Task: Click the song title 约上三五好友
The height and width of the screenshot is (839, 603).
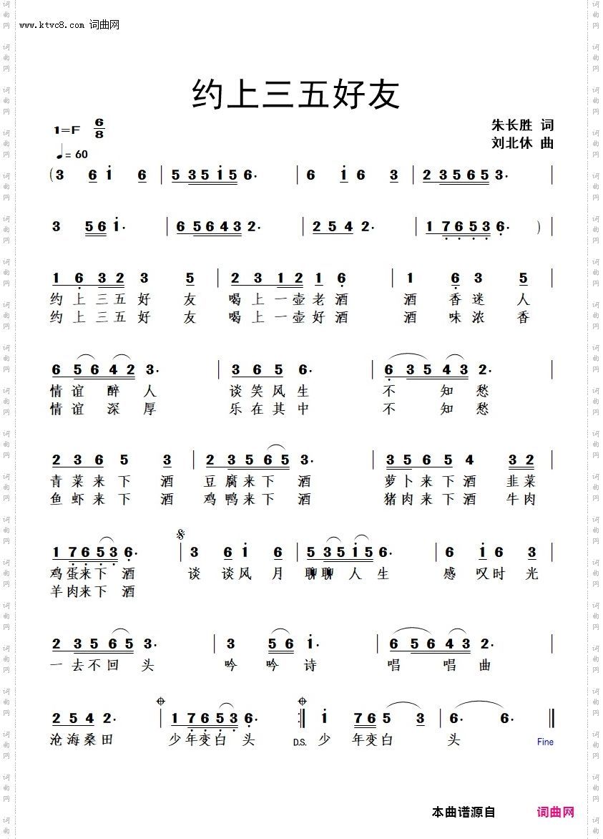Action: click(295, 94)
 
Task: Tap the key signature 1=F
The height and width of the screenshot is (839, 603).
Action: click(67, 130)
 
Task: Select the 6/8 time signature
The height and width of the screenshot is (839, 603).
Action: click(99, 129)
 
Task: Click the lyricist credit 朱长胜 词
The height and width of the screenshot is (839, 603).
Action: click(522, 125)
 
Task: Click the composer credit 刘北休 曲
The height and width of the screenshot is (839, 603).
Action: click(522, 142)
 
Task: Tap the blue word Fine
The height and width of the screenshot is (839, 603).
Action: click(545, 742)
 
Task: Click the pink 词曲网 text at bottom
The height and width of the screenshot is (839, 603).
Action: click(556, 812)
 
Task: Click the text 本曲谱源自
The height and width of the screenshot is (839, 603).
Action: click(464, 812)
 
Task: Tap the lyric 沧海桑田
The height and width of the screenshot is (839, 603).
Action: click(82, 739)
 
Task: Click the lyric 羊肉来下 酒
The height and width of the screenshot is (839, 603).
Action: click(92, 591)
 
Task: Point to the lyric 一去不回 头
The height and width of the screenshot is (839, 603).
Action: click(102, 665)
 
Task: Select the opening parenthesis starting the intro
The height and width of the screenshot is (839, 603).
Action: click(52, 175)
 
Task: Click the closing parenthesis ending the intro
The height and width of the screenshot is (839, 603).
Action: click(538, 227)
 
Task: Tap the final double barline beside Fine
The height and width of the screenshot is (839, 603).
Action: click(551, 717)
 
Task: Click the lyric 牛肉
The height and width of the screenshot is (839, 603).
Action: click(521, 499)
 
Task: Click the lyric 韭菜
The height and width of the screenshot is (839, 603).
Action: click(521, 480)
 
